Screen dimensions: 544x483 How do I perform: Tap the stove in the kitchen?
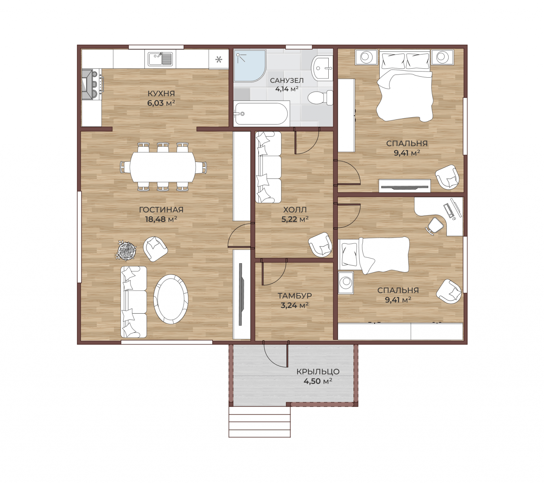click(x=92, y=84)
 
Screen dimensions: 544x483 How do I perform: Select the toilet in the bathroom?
click(x=320, y=97)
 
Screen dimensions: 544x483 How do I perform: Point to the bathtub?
click(x=261, y=114)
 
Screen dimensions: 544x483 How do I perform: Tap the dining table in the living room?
click(x=163, y=167)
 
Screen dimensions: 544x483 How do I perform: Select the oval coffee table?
click(x=171, y=299)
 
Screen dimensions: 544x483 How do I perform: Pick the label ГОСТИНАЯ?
click(x=161, y=209)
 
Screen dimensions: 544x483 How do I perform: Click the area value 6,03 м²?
click(x=161, y=103)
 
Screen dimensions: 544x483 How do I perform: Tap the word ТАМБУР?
click(x=295, y=296)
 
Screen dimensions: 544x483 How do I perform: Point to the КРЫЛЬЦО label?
click(x=318, y=371)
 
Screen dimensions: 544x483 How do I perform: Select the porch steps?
click(x=259, y=422)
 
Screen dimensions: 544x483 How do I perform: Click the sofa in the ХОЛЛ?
click(x=268, y=167)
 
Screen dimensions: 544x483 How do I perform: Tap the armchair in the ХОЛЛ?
click(x=320, y=244)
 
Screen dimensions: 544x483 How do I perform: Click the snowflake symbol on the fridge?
click(x=219, y=60)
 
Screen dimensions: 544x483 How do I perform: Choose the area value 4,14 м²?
click(x=287, y=89)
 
